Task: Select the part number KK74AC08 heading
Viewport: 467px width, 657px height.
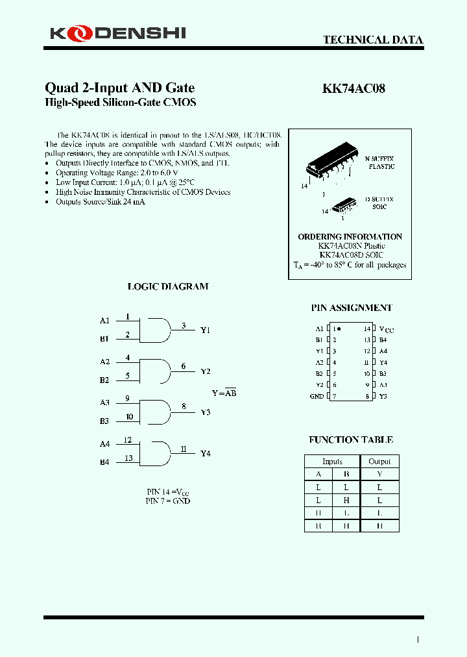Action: (353, 89)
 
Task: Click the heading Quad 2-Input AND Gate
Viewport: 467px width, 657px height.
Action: (119, 88)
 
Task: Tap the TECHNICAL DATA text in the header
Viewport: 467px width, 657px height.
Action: (373, 40)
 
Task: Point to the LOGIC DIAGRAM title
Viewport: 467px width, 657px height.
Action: (168, 286)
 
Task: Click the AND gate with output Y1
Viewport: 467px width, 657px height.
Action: (156, 330)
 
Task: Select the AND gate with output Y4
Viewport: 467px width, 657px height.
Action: (156, 453)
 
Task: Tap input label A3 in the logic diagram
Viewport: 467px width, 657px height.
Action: (105, 403)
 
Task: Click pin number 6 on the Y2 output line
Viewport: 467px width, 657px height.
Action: (184, 366)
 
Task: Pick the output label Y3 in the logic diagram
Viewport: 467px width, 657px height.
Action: (206, 412)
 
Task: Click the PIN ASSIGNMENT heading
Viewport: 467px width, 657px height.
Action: (351, 308)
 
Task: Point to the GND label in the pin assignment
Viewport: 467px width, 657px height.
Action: (317, 396)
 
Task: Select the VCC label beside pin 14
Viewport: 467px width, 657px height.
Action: (386, 329)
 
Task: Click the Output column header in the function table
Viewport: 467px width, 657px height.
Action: (379, 462)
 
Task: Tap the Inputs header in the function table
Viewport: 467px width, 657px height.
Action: (332, 462)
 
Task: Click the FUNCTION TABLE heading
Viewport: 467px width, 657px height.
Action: (350, 440)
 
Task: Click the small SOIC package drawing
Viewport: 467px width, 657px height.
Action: (343, 206)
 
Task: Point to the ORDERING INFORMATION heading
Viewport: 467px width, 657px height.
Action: (350, 237)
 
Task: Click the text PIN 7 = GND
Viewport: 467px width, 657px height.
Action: (168, 501)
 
